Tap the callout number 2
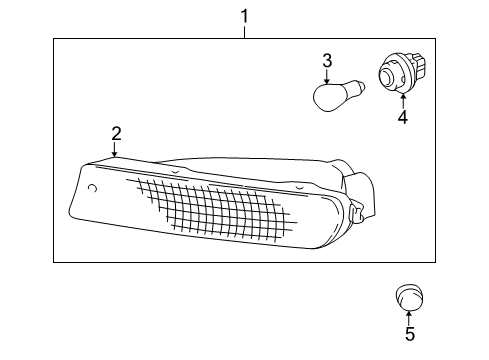[x=116, y=132]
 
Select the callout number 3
[x=326, y=62]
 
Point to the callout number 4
[x=402, y=117]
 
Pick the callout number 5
[x=408, y=334]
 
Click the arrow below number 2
[x=116, y=150]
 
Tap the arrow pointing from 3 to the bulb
[x=326, y=79]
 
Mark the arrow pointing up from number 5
[x=408, y=316]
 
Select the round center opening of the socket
[x=388, y=76]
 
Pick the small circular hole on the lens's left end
[x=92, y=188]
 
